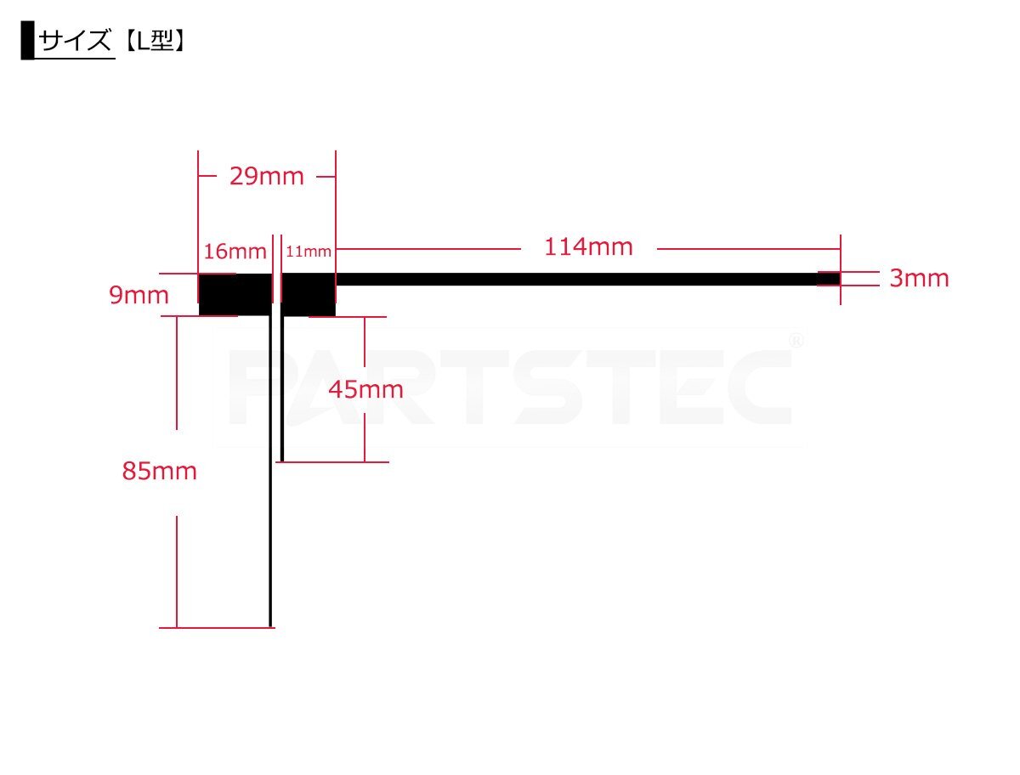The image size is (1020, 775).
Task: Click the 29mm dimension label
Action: point(266,177)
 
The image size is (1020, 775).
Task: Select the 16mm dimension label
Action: point(235,252)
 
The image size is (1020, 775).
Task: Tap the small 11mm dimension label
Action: point(308,252)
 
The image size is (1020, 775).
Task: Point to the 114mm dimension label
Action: point(588,246)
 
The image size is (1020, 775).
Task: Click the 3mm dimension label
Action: point(919,278)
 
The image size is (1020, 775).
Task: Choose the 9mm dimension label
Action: point(139,295)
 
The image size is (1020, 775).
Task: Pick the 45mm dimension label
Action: point(365,389)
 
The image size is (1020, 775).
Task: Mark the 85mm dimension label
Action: point(160,471)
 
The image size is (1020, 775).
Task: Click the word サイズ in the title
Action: point(75,40)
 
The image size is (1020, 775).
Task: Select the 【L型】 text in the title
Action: point(155,41)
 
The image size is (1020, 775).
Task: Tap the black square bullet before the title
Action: point(27,40)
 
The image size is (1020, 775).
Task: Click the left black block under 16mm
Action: point(235,294)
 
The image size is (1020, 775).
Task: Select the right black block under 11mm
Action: point(308,294)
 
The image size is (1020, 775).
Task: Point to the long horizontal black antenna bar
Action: point(588,279)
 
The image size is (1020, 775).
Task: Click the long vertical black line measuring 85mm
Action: point(270,472)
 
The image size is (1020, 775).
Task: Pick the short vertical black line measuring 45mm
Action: point(281,388)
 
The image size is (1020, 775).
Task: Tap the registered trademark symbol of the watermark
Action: point(796,342)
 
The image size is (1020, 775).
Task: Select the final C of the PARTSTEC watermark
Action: point(759,387)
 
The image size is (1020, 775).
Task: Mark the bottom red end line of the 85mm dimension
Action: point(217,628)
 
